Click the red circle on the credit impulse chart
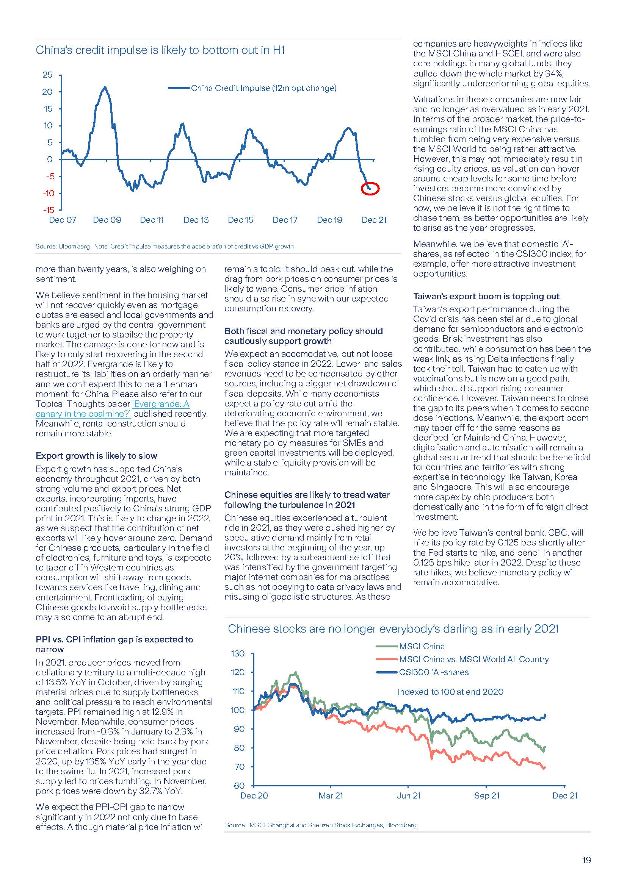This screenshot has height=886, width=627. [x=370, y=188]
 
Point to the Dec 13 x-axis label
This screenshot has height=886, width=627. [x=196, y=220]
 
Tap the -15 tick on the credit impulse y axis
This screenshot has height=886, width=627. [x=49, y=210]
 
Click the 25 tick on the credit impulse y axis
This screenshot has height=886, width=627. [x=47, y=75]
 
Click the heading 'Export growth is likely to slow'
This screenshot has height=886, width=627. [x=96, y=456]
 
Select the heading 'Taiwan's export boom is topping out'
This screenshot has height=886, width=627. [x=486, y=296]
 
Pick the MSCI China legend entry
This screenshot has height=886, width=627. [x=422, y=646]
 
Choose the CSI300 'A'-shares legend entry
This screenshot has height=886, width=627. [x=434, y=672]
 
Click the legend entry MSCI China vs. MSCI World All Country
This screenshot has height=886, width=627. [x=473, y=659]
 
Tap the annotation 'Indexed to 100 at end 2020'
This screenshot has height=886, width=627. [x=450, y=692]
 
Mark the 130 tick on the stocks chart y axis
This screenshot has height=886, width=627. [x=237, y=654]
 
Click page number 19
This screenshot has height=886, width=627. [x=586, y=860]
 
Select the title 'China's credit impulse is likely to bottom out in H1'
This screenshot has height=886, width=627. [x=160, y=50]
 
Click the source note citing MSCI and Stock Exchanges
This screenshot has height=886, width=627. [x=320, y=825]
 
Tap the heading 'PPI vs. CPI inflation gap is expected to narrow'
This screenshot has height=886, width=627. [x=114, y=644]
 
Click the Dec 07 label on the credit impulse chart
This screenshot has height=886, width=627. [x=63, y=220]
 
